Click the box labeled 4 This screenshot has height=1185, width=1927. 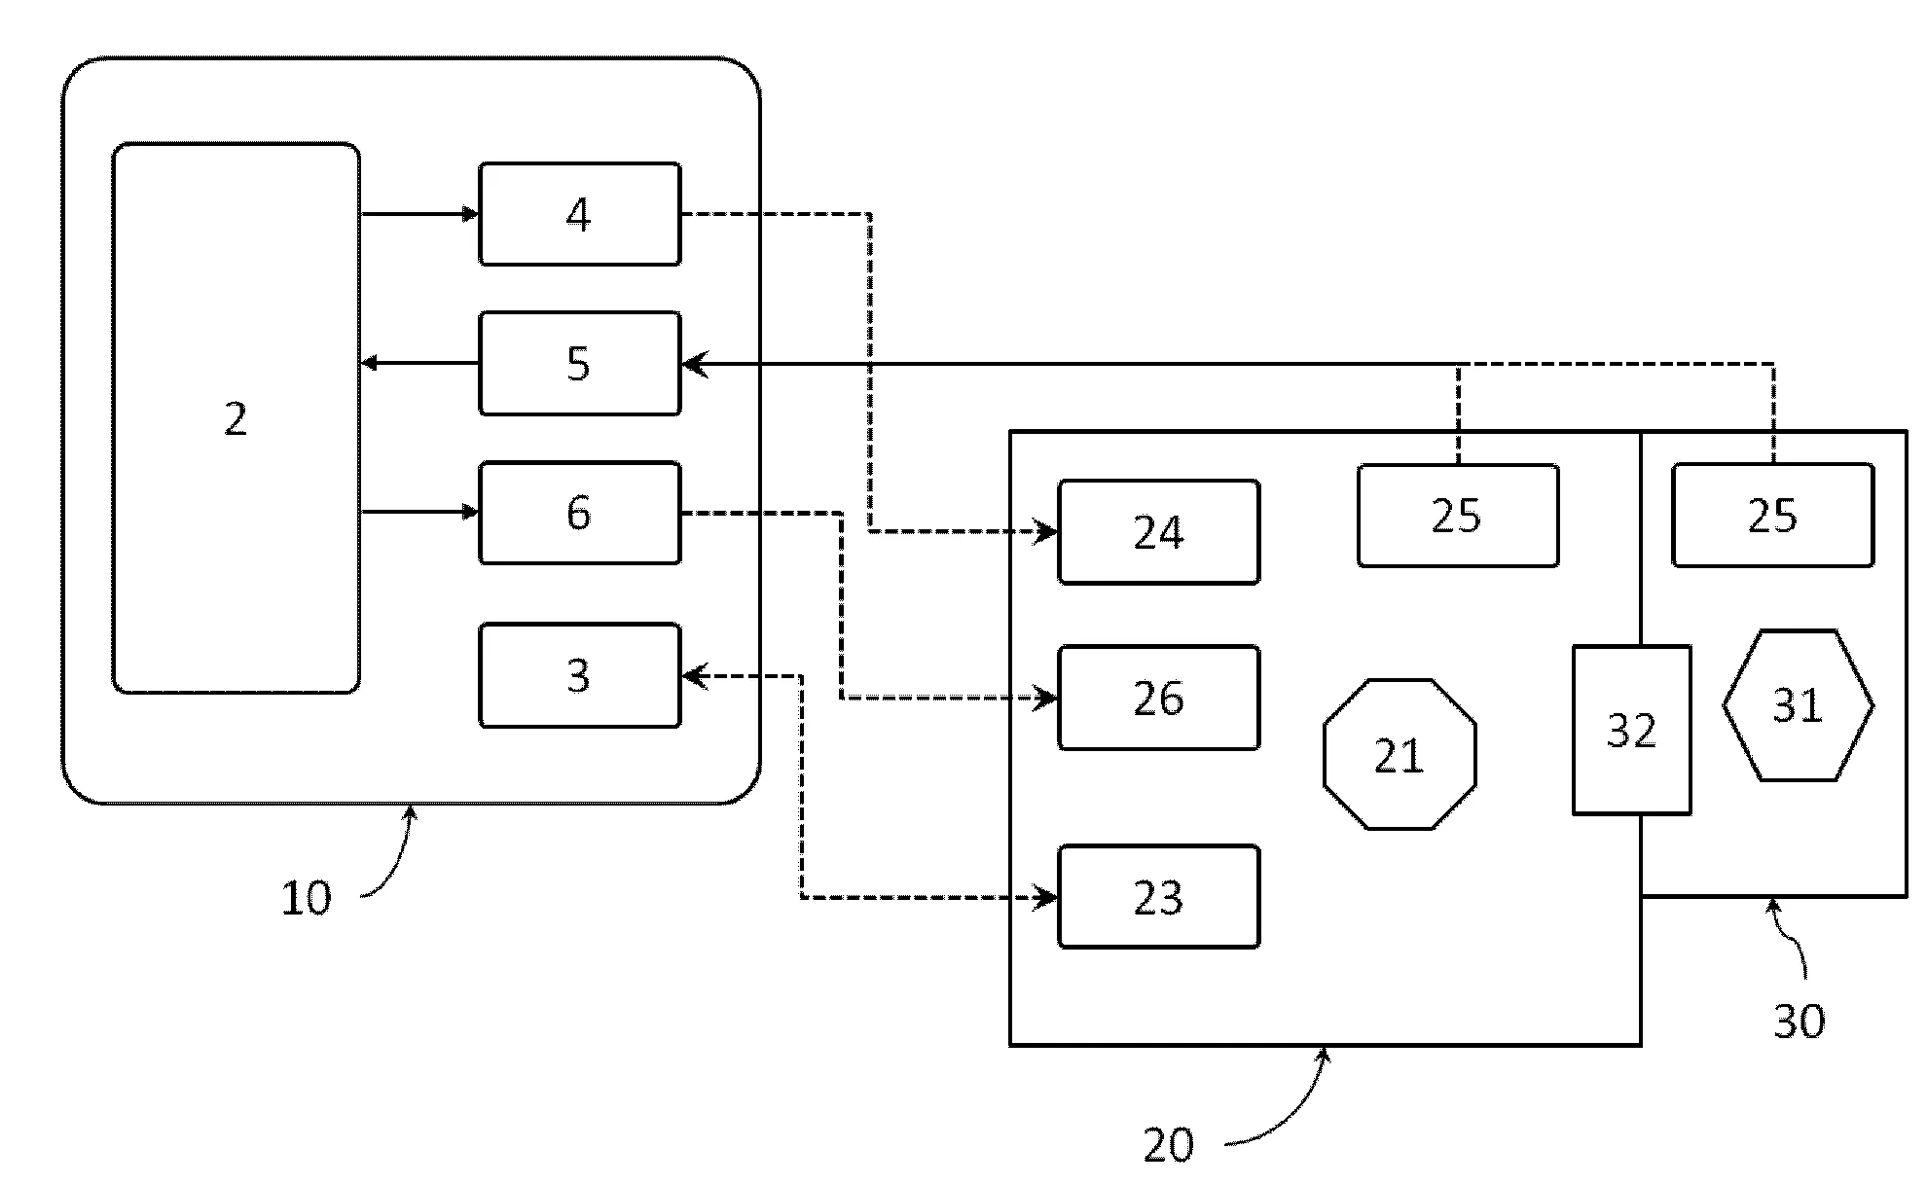tap(579, 214)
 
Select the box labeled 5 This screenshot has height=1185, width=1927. tap(579, 364)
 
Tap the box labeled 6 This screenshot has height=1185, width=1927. tap(579, 513)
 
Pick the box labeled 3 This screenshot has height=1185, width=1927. tap(579, 675)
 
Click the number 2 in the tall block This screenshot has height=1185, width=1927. tap(236, 419)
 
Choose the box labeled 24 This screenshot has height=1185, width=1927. tap(1158, 532)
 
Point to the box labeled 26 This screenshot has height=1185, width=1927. tap(1158, 698)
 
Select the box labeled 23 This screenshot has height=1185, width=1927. tap(1158, 897)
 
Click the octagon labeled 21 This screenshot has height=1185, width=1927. tap(1400, 755)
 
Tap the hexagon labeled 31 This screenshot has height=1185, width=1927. tap(1798, 705)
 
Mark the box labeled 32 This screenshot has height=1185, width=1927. tap(1631, 730)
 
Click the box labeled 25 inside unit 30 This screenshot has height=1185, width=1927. tap(1772, 516)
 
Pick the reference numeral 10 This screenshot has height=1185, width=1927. tap(307, 898)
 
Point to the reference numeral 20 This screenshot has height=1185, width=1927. tap(1169, 1145)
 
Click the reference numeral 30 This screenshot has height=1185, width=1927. tap(1799, 1021)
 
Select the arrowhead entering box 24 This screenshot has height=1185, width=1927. tap(1048, 532)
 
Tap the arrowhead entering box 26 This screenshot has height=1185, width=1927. tap(1048, 698)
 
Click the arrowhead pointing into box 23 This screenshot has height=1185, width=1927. tap(1048, 897)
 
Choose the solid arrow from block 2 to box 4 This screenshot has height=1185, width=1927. tap(418, 214)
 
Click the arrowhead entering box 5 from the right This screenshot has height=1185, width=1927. tap(693, 365)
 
